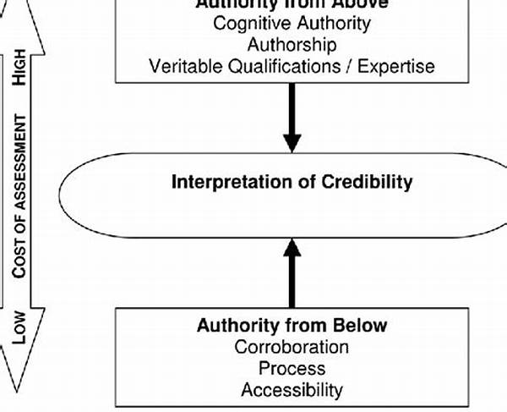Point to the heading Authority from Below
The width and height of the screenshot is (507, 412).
tap(292, 325)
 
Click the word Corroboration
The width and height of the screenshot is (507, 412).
tap(292, 347)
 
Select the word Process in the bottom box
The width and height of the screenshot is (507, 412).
tap(292, 369)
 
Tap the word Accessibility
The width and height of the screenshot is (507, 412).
tap(292, 390)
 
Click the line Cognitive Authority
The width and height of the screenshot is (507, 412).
tap(292, 23)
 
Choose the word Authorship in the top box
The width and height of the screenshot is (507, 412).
tap(292, 45)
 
